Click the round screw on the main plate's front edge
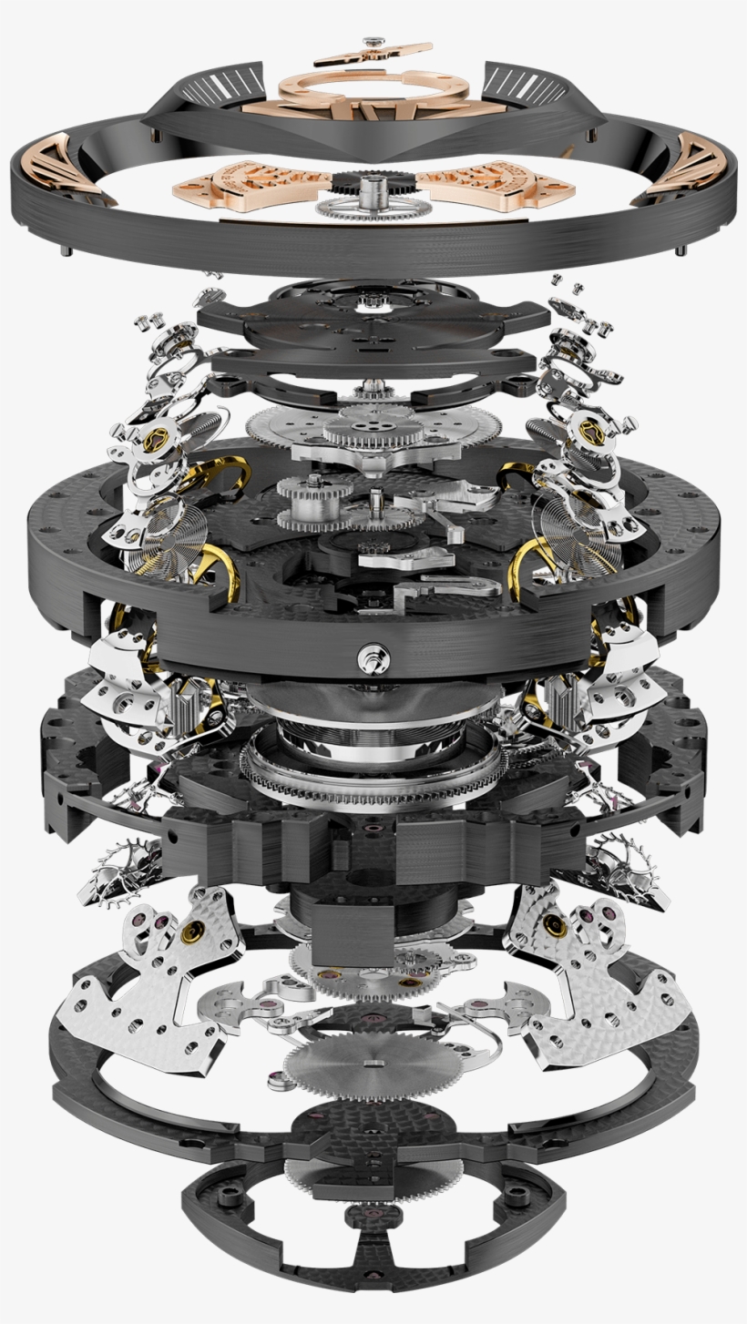point(373,653)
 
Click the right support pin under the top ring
point(680,249)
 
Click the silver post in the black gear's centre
point(371,190)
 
